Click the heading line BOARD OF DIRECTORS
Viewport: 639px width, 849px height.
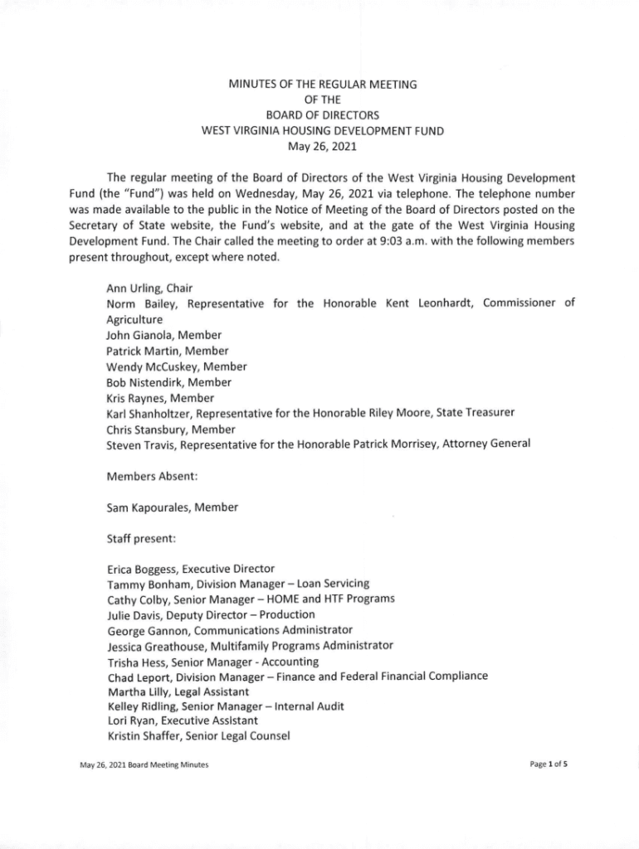[x=323, y=114]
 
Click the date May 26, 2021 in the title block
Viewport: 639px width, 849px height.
[x=322, y=146]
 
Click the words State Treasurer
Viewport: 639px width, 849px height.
[x=467, y=413]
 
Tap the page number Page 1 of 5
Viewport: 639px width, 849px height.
[x=547, y=764]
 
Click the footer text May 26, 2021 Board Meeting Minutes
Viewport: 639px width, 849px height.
[x=138, y=764]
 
